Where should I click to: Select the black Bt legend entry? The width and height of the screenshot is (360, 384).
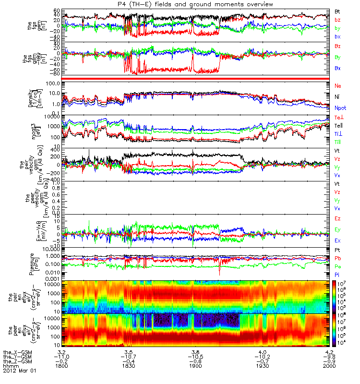tap(338, 11)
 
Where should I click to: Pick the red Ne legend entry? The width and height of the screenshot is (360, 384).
tap(338, 85)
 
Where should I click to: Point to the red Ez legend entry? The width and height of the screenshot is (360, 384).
tap(338, 218)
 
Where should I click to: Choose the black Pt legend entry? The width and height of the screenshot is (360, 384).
tap(338, 250)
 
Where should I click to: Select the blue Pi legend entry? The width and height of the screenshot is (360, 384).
tap(338, 275)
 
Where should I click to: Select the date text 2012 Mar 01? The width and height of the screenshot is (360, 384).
tap(20, 371)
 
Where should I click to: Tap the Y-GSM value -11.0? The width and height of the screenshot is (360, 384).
tap(62, 356)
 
